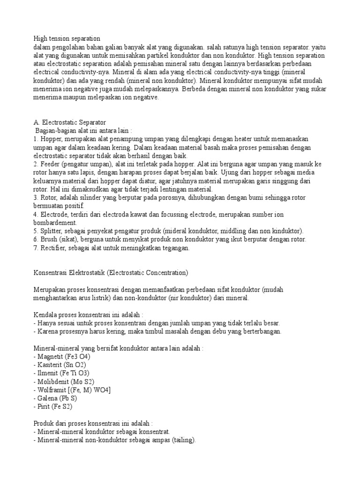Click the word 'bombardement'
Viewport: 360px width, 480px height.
point(55,223)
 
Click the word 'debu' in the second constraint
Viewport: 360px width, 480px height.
point(217,331)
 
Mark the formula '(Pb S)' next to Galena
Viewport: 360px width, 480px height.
point(71,399)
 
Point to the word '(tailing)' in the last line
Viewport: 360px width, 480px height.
point(181,440)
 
